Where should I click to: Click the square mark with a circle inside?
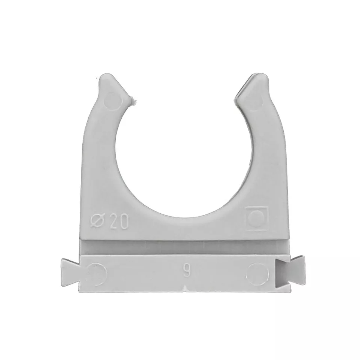coord(256,217)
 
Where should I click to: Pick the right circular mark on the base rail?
coord(258,272)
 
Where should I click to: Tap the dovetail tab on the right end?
coord(298,271)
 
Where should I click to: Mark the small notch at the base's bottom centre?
coord(186,287)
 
